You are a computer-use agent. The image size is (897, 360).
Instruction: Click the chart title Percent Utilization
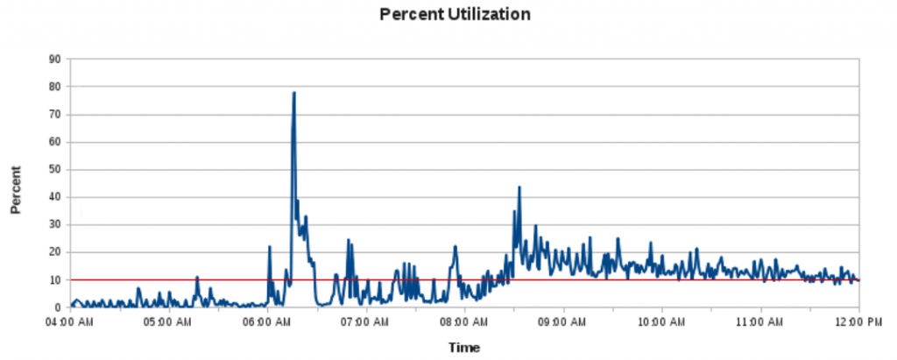(455, 15)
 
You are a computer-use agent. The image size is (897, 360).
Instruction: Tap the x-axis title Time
(463, 348)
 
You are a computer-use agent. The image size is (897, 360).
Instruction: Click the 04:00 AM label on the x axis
(71, 321)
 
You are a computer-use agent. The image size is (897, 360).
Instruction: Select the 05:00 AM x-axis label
(169, 321)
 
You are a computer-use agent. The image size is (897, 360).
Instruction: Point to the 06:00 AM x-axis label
(268, 321)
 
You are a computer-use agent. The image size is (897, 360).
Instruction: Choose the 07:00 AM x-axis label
(366, 321)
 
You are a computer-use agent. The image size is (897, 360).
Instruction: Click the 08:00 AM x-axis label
(465, 321)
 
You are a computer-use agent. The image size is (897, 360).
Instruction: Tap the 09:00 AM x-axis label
(563, 321)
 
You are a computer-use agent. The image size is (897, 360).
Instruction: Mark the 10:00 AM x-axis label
(662, 321)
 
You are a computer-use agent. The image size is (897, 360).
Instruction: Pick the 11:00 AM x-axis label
(760, 321)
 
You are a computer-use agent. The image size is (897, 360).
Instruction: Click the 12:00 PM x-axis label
(858, 321)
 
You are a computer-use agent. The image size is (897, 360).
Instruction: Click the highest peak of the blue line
(294, 92)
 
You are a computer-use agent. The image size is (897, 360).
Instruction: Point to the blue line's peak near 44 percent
(519, 187)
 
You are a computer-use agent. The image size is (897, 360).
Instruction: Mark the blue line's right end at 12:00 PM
(858, 280)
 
